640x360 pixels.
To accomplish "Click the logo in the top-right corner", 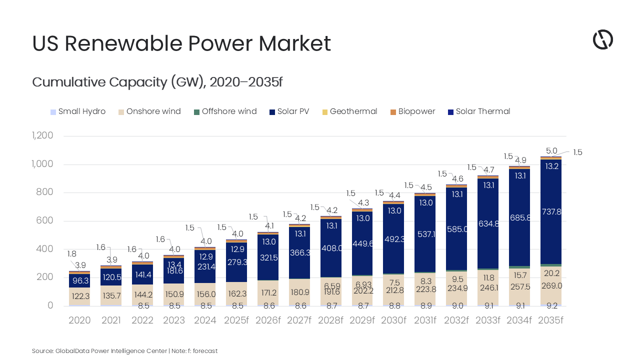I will (x=602, y=39).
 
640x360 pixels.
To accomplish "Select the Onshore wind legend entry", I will (x=153, y=111).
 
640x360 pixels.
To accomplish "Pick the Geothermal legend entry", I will (x=353, y=111).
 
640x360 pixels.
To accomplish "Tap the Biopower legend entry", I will (x=416, y=111).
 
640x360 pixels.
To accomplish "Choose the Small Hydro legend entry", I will (x=81, y=111).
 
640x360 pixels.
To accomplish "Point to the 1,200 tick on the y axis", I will (x=42, y=136).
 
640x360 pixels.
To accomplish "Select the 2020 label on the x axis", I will (x=79, y=320).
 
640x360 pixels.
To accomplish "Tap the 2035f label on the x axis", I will (x=550, y=320).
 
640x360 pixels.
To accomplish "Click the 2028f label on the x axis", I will (x=331, y=320).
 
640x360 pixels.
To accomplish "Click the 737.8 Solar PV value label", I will (x=550, y=211).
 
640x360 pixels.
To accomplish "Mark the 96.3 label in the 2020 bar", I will (x=79, y=281).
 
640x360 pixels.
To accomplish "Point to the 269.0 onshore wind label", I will (x=550, y=286).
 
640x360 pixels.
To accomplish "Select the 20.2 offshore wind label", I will (x=550, y=273).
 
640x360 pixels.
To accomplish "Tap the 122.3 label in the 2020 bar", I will (x=79, y=296).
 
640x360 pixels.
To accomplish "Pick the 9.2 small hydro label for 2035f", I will (x=550, y=306).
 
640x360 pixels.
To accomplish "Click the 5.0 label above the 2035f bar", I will (x=551, y=151).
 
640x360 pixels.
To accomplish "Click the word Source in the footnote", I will (x=41, y=351).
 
